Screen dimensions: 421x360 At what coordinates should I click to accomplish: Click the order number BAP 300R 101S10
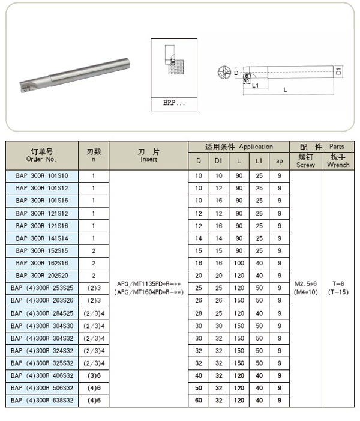tap(42, 176)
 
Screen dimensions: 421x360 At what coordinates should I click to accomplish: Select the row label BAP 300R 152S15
tap(42, 250)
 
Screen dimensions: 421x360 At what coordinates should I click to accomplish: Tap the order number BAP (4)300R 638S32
tap(42, 400)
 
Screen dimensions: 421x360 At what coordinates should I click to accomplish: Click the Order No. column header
tap(42, 155)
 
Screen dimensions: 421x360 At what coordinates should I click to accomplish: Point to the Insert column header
tap(149, 155)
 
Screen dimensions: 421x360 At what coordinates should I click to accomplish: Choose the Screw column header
tap(305, 160)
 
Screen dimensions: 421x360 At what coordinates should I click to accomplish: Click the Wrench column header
tap(338, 160)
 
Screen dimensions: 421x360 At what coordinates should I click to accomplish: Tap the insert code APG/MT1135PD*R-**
tap(149, 283)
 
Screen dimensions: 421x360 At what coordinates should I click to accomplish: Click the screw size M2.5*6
tap(305, 283)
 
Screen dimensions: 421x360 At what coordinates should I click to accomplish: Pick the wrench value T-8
tap(338, 283)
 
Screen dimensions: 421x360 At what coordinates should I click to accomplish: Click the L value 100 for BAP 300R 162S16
tap(239, 263)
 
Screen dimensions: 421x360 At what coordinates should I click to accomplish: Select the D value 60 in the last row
tap(199, 400)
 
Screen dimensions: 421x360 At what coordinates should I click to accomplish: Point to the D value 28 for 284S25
tap(199, 313)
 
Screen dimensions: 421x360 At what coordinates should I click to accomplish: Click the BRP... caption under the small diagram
tap(175, 103)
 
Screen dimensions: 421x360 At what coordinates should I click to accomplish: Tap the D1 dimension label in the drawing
tap(339, 71)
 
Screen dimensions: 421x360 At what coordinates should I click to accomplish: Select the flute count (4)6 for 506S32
tap(94, 387)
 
